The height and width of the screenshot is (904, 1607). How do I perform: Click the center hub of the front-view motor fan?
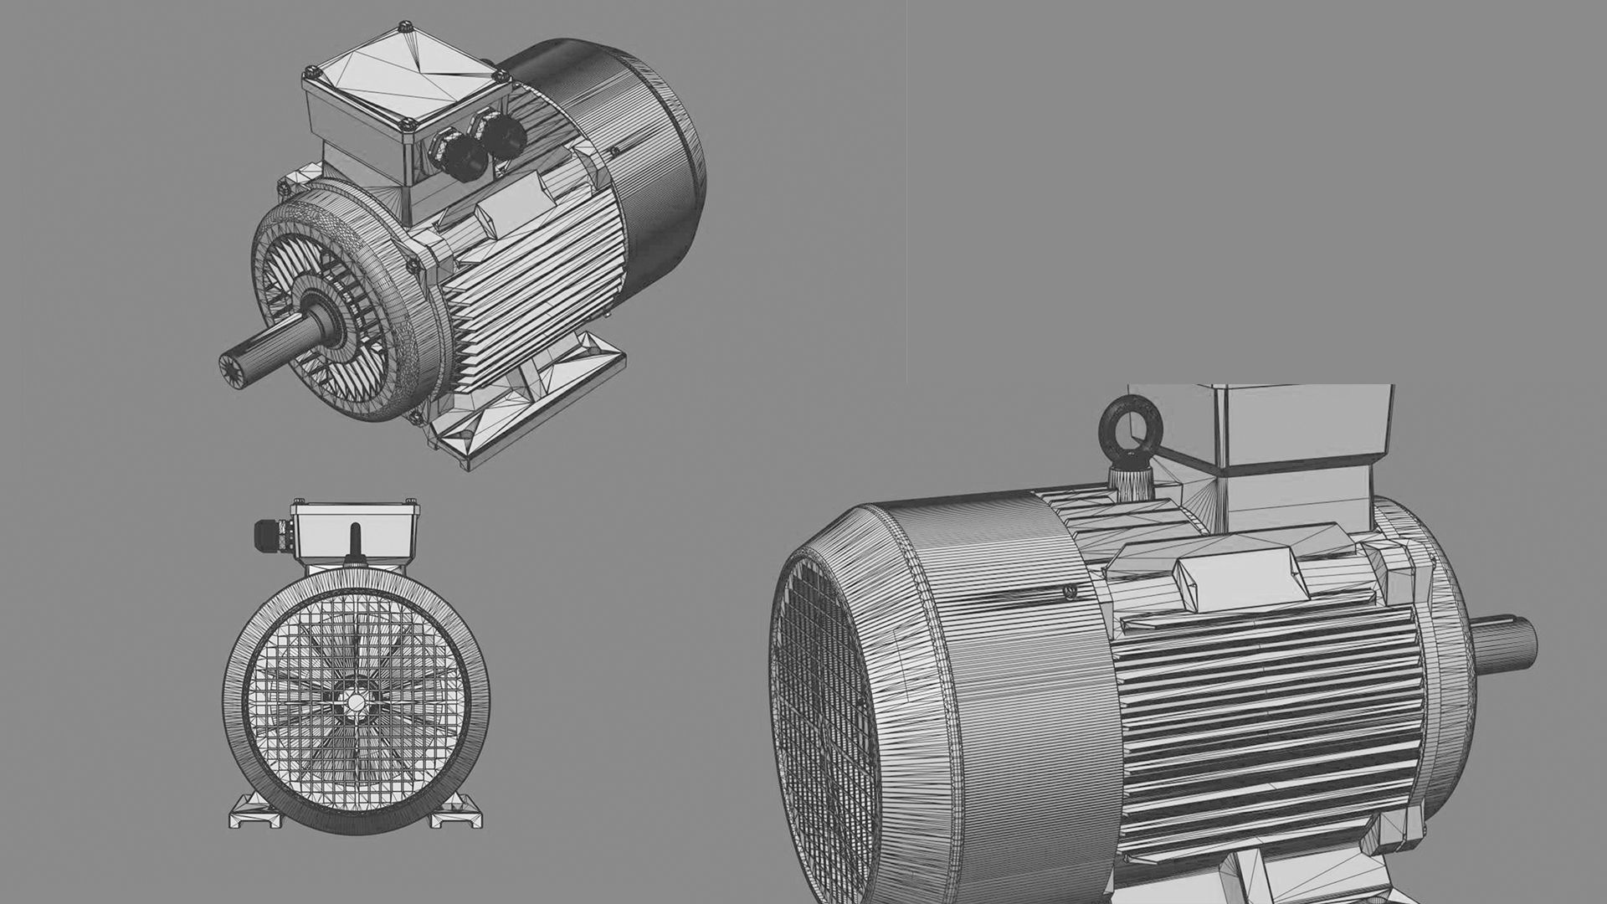tap(357, 701)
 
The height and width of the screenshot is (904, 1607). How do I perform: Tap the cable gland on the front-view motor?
tap(270, 534)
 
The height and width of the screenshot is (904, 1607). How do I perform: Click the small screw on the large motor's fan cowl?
tap(1069, 593)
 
